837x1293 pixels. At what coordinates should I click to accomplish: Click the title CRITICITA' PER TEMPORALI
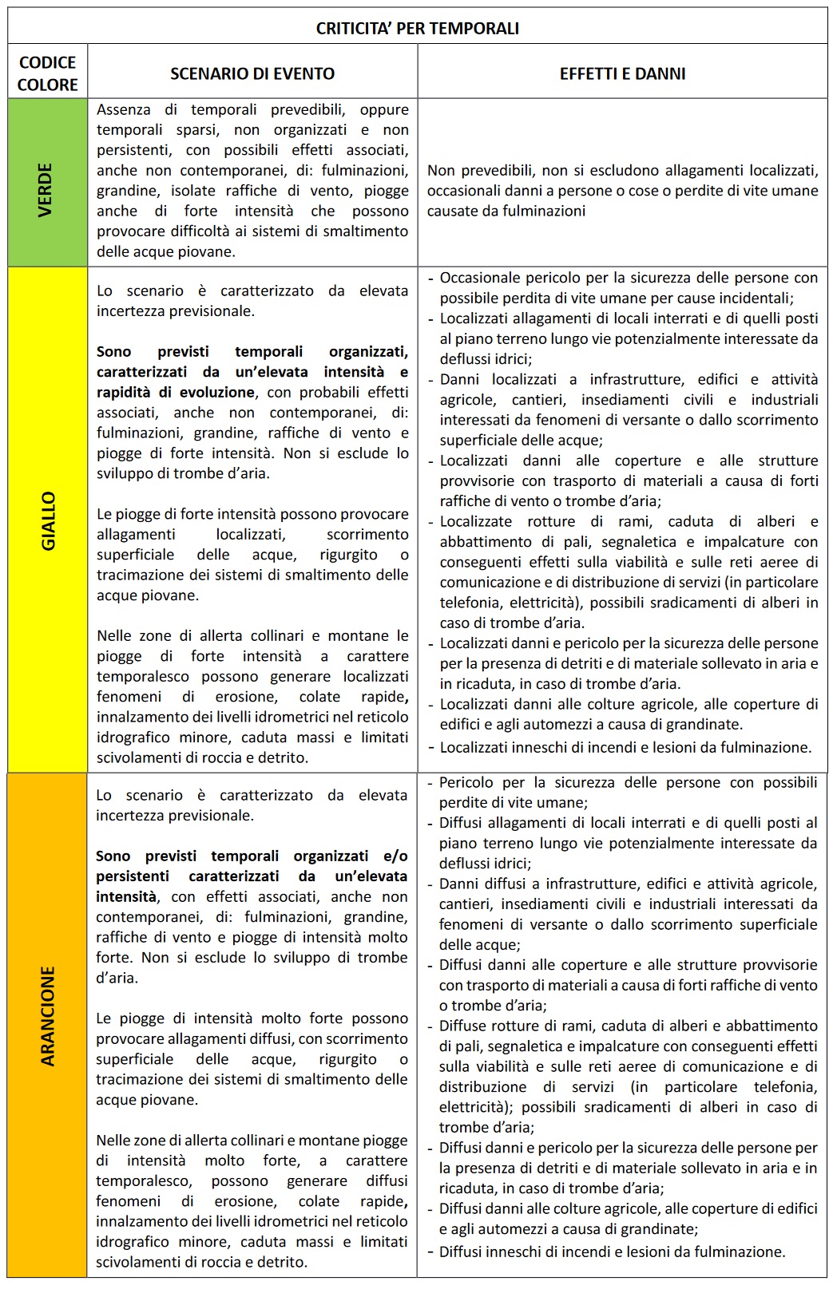click(417, 29)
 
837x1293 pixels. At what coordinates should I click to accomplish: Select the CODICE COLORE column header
click(47, 73)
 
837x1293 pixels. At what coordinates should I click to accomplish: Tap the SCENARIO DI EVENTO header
click(252, 73)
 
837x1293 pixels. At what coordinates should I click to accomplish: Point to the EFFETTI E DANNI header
click(622, 73)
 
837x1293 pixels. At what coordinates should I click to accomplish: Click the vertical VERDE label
click(46, 189)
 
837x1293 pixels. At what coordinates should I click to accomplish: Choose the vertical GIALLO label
click(48, 520)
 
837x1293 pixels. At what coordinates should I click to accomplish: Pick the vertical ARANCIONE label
click(48, 1016)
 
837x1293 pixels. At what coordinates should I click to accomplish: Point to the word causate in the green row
click(450, 211)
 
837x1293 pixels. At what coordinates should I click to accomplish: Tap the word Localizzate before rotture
click(476, 521)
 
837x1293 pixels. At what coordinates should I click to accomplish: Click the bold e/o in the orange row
click(395, 856)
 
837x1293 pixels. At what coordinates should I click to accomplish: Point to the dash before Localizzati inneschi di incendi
click(431, 748)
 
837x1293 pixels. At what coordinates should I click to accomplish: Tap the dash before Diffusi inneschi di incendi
click(431, 1251)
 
